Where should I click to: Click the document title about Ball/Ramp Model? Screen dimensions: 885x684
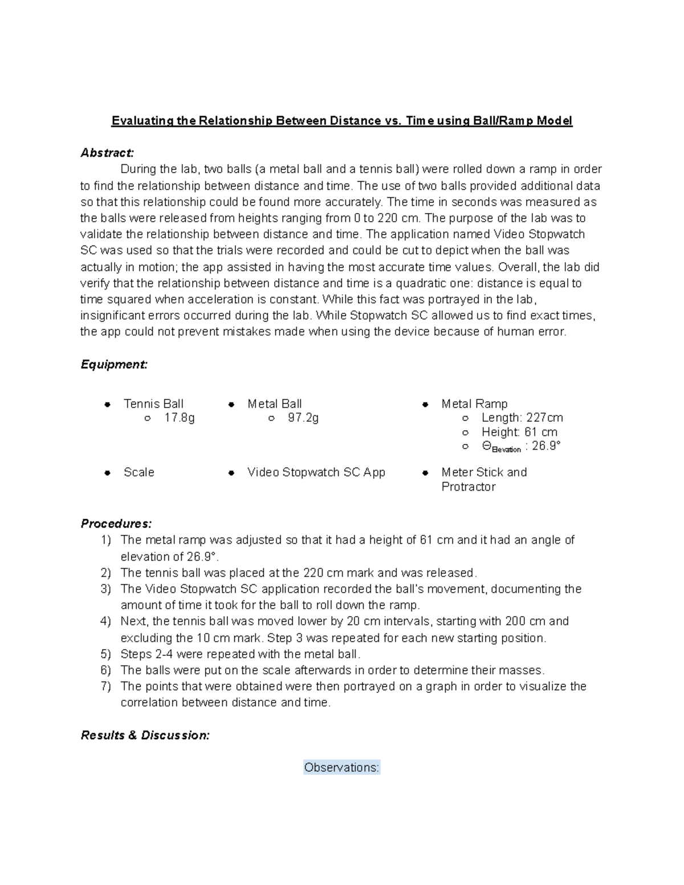[341, 121]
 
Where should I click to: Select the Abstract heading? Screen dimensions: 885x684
[107, 153]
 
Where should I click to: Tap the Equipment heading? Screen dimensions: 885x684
[114, 365]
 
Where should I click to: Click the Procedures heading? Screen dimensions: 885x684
[116, 523]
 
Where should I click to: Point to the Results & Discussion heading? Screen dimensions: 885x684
[145, 735]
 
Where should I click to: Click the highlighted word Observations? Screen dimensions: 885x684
[341, 768]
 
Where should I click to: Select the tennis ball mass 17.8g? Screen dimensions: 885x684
[180, 418]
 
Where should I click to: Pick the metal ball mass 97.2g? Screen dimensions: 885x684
[303, 418]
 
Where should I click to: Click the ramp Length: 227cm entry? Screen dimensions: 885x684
[522, 418]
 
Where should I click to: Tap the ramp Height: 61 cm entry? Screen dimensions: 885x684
[519, 432]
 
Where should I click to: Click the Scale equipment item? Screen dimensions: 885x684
[139, 472]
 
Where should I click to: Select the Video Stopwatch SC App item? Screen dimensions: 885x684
[316, 472]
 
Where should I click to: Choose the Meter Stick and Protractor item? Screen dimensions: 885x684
[483, 479]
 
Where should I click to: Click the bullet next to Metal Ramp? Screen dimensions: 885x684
[425, 405]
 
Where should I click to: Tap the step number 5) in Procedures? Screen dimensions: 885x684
[105, 654]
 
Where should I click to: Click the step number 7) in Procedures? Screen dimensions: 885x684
[105, 687]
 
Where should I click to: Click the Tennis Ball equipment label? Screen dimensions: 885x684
[153, 404]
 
